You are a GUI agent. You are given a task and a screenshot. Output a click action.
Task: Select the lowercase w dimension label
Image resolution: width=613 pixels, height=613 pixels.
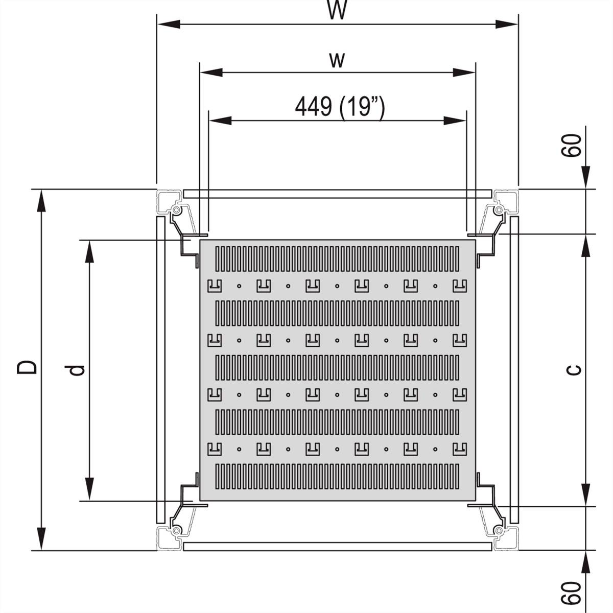(x=337, y=60)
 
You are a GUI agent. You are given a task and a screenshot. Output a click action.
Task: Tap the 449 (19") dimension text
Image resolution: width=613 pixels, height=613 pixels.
(x=339, y=107)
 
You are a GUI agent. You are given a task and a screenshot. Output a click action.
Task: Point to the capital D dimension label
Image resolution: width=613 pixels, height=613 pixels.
(x=27, y=366)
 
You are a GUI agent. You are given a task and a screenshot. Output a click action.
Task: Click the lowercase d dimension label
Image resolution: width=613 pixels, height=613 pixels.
(x=77, y=369)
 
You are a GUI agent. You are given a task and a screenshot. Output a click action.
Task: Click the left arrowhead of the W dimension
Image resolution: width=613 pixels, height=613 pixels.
(x=169, y=24)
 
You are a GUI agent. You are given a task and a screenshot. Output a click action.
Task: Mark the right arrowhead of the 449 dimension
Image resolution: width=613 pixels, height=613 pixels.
(x=455, y=121)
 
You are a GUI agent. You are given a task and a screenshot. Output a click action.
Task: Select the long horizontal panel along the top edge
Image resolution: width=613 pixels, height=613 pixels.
(x=337, y=194)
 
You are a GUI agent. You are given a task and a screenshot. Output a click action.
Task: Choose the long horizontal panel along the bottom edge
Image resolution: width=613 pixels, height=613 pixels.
(x=337, y=547)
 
